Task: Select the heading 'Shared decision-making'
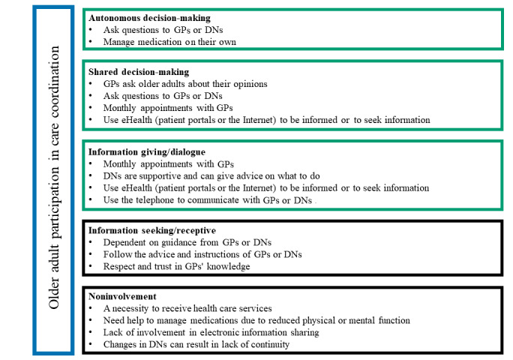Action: coord(136,71)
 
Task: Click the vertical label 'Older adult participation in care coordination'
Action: coord(53,180)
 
